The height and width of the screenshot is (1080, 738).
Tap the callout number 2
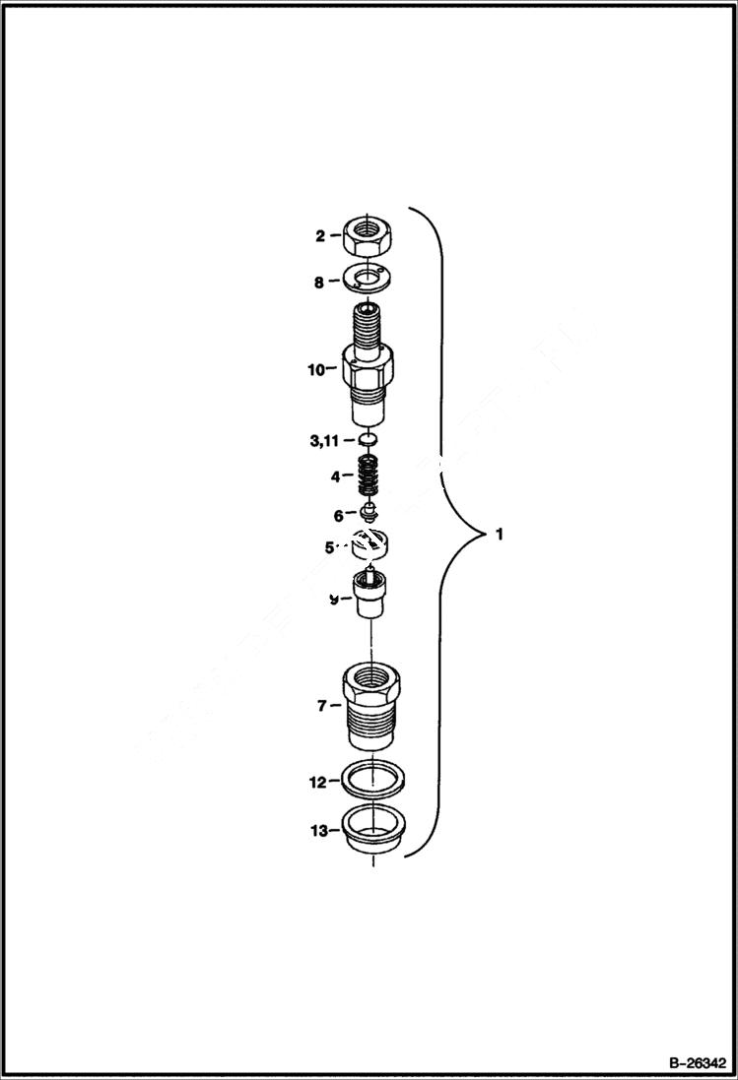pos(320,236)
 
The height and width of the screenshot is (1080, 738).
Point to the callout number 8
pos(319,282)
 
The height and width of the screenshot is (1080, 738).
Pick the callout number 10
pos(315,370)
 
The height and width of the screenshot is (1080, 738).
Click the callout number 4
pos(335,476)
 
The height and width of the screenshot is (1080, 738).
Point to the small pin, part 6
pos(369,511)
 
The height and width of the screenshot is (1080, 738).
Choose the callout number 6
pos(338,514)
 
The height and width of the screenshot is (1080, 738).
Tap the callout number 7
pos(322,706)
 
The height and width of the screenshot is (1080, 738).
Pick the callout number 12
pos(317,783)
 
